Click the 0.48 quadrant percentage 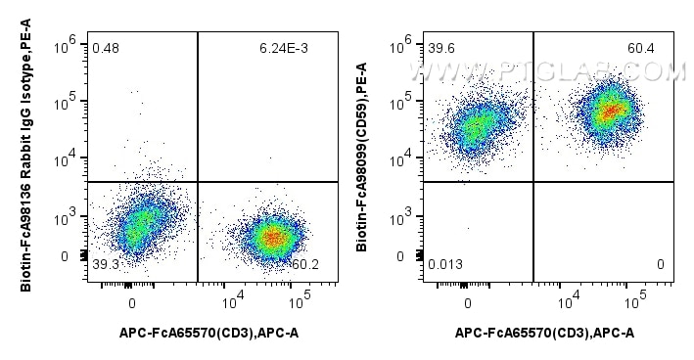point(106,48)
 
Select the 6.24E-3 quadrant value point(284,48)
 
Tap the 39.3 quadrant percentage point(105,264)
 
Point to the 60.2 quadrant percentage point(305,264)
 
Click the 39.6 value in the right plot point(441,48)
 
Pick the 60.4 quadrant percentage point(641,48)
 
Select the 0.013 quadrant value point(445,264)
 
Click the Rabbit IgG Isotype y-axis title point(26,155)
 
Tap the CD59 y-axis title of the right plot point(362,157)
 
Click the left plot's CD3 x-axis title point(208,333)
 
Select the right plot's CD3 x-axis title point(544,333)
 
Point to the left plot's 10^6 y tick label point(66,44)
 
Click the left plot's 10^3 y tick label point(66,217)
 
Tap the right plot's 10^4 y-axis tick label point(401,158)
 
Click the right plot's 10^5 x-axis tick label point(635,301)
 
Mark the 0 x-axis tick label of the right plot point(468,304)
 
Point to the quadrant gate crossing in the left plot point(198,181)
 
